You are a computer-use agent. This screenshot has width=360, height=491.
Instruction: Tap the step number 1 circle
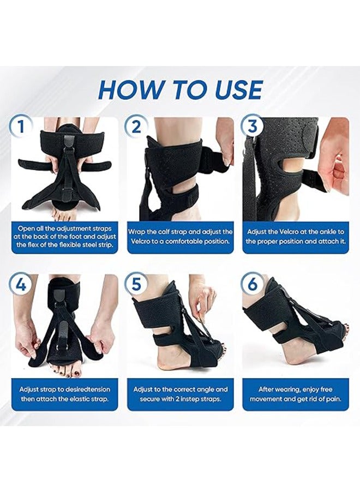coord(21,127)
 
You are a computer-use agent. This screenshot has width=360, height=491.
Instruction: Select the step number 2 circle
coord(136,127)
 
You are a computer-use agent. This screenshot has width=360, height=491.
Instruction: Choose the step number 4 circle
coord(21,284)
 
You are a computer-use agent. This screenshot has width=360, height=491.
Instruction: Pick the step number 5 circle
coord(136,284)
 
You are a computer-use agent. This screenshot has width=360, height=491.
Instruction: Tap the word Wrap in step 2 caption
coord(137,232)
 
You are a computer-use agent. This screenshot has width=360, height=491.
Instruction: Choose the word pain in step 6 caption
coord(333,399)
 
